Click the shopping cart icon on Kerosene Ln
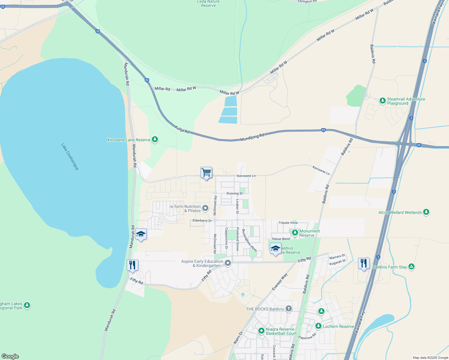(206, 173)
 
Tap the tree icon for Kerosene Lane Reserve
(155, 139)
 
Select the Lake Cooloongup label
(70, 157)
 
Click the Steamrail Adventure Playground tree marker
(382, 100)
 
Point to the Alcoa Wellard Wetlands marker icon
(426, 212)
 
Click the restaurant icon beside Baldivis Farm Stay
(364, 263)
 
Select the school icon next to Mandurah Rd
(140, 234)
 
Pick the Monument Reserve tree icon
(295, 232)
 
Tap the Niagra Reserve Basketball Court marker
(261, 331)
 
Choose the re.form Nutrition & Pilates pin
(205, 208)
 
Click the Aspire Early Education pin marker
(228, 263)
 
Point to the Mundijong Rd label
(252, 137)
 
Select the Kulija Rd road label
(182, 130)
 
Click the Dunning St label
(234, 193)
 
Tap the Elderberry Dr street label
(202, 220)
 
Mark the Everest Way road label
(280, 282)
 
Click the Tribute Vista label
(288, 223)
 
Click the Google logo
(10, 356)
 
